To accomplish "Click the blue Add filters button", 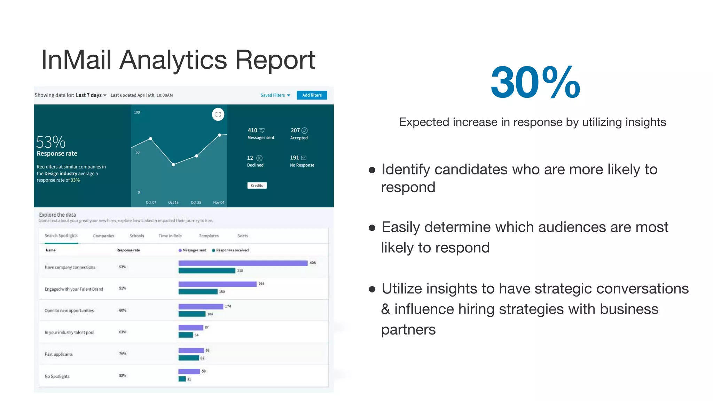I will click(x=312, y=95).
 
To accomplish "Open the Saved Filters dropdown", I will click(x=275, y=95).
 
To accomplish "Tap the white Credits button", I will click(x=257, y=186).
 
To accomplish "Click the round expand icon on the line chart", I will click(x=218, y=114).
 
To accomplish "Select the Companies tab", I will click(x=103, y=236).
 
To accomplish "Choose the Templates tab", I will click(x=209, y=236).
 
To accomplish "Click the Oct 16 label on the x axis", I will click(x=173, y=202).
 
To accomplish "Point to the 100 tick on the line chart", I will click(x=137, y=112).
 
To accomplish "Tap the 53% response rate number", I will click(x=51, y=142).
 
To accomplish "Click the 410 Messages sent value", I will click(x=252, y=130).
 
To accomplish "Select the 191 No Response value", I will click(x=295, y=158).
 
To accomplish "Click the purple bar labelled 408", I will click(x=243, y=263).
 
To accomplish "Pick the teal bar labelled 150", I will click(x=198, y=292).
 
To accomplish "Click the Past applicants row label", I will click(x=58, y=354).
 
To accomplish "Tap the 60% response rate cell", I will click(x=123, y=310).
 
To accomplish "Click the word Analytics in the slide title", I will click(x=173, y=60).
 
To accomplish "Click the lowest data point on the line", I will click(x=173, y=165).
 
